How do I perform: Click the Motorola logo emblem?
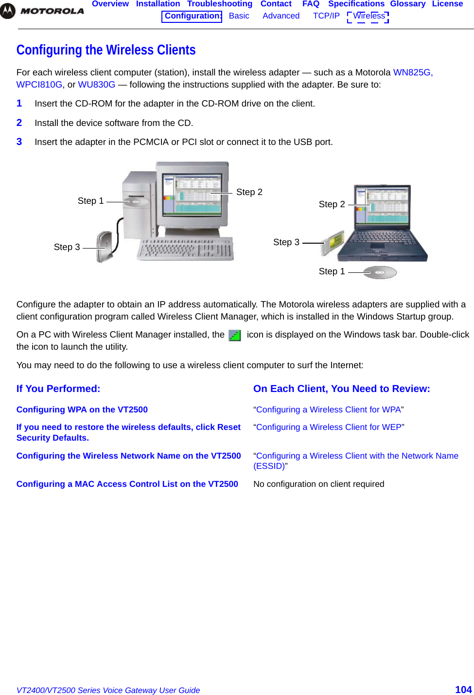[x=8, y=11]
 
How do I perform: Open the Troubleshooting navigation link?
[x=219, y=4]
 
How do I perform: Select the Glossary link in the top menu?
[x=407, y=4]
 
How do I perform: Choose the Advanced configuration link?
[x=281, y=16]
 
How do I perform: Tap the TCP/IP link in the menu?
[x=326, y=16]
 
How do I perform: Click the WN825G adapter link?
[x=412, y=72]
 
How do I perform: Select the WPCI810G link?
[x=39, y=85]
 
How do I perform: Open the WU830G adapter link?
[x=97, y=85]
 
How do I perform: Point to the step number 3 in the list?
[x=19, y=142]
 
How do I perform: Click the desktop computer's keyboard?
[x=186, y=249]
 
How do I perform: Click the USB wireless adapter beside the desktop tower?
[x=105, y=246]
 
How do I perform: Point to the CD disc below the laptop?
[x=380, y=272]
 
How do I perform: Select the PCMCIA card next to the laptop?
[x=334, y=243]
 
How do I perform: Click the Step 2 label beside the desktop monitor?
[x=249, y=192]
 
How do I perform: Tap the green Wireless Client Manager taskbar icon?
[x=235, y=336]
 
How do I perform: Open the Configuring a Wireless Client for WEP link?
[x=329, y=427]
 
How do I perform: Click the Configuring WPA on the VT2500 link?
[x=82, y=410]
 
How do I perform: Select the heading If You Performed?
[x=58, y=389]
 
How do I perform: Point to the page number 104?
[x=463, y=689]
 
